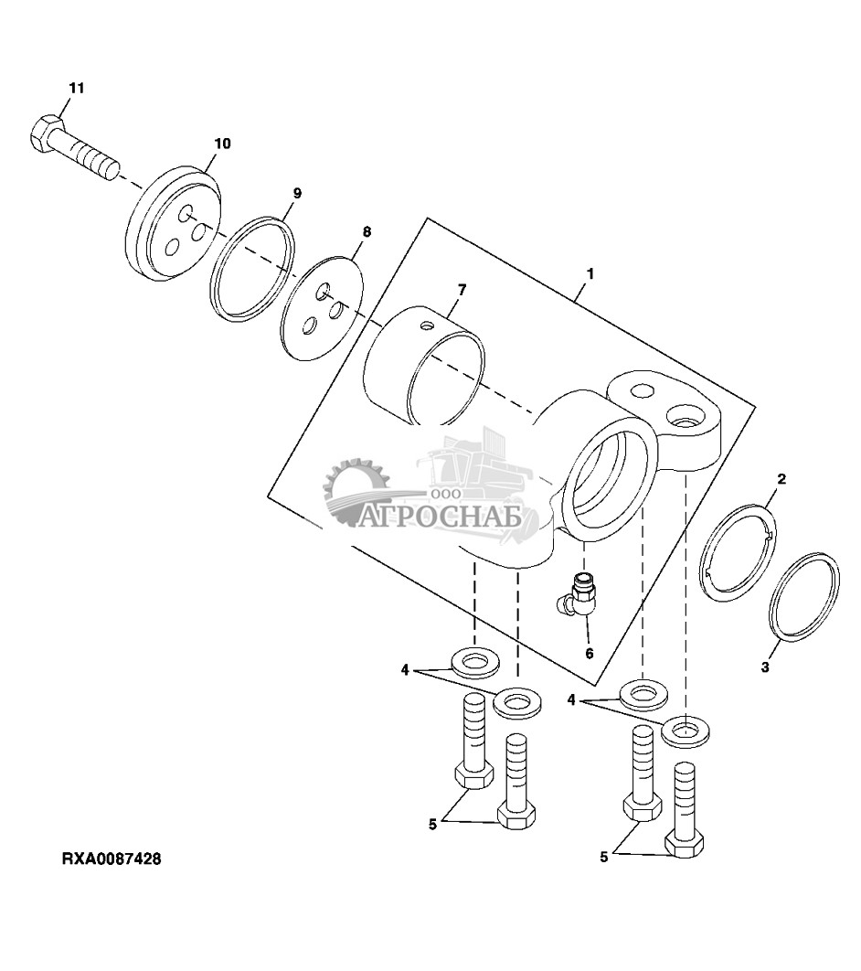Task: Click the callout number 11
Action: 76,88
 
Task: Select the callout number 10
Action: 222,144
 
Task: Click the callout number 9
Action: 297,194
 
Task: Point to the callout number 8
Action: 367,232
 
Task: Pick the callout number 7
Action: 462,290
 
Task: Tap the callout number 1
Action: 590,273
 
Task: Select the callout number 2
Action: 781,479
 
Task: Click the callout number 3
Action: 765,667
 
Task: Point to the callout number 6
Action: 590,654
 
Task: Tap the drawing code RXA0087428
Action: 112,859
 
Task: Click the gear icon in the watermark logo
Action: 357,492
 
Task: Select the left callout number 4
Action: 406,670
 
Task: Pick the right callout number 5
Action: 604,857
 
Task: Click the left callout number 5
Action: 432,824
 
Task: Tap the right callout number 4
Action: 572,700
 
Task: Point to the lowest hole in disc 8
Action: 310,325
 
